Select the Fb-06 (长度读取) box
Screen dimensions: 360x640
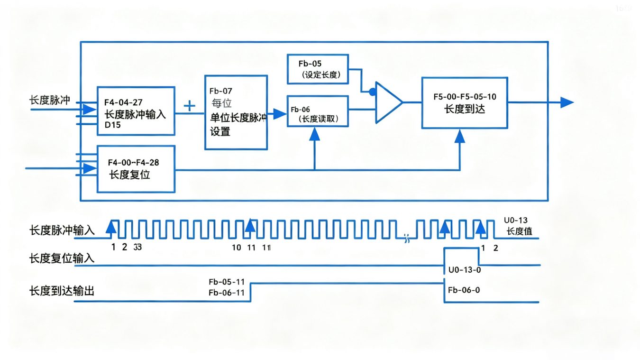point(318,111)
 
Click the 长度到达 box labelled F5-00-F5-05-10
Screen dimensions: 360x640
point(464,102)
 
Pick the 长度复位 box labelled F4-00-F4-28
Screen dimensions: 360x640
point(136,169)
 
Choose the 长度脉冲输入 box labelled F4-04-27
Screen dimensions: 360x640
point(136,111)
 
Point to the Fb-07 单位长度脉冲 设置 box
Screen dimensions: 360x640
point(236,112)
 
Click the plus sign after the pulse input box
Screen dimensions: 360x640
point(189,106)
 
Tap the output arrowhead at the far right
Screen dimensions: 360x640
point(567,102)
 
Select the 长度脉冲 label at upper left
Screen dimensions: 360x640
point(49,100)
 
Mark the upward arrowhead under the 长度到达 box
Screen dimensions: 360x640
point(459,136)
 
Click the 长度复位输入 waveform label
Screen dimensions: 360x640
point(62,258)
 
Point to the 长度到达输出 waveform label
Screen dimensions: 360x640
point(62,291)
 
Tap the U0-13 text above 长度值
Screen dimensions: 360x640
point(516,221)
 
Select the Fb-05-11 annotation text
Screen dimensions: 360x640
point(226,282)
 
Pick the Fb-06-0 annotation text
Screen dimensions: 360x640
point(464,290)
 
